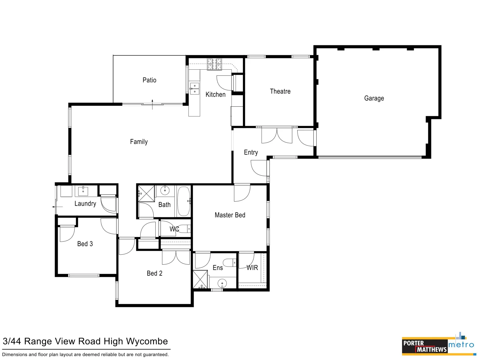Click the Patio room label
coord(149,80)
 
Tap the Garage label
coord(374,98)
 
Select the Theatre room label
coord(280,91)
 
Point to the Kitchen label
coord(215,95)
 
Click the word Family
coord(139,142)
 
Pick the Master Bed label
coord(230,215)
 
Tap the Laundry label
coord(85,204)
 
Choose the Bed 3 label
coord(85,244)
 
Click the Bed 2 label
coord(154,273)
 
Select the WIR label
coord(252,268)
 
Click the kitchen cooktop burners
coord(214,64)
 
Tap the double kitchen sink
coord(195,89)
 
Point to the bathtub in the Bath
coord(183,201)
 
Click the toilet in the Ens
coord(229,263)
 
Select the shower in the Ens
coord(200,280)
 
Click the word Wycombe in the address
coord(147,341)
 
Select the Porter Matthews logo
coord(424,346)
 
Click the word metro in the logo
coord(461,345)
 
